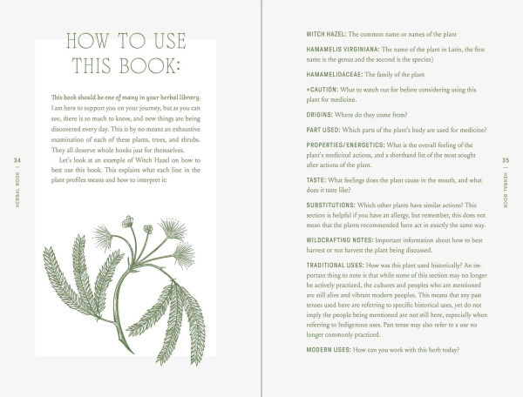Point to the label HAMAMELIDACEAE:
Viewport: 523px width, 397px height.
[337, 80]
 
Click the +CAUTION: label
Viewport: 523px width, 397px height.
[325, 98]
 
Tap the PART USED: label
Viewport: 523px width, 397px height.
[323, 145]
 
